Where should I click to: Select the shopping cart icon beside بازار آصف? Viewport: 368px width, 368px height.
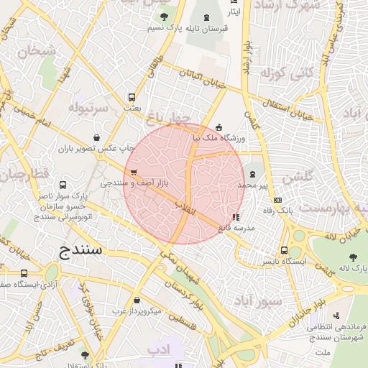tap(134, 172)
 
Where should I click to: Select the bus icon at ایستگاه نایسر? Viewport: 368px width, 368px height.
tap(285, 251)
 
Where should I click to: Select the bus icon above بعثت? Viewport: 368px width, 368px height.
tap(132, 97)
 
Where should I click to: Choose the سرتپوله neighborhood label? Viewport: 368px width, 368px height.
tap(88, 108)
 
